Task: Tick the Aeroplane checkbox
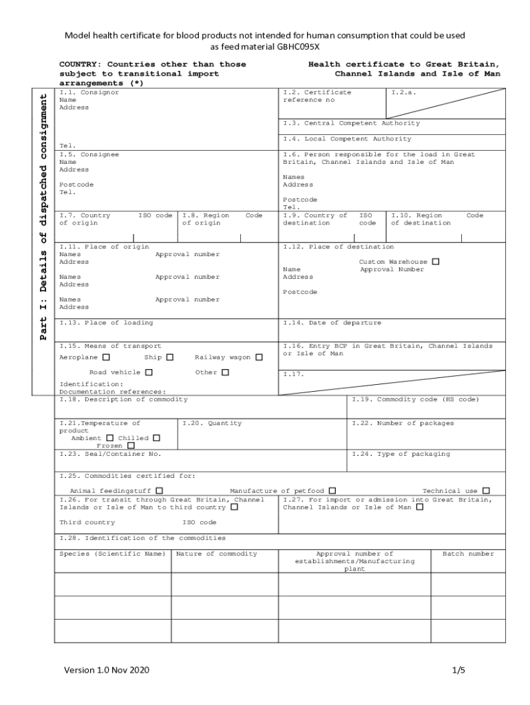pos(106,357)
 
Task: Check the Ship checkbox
pos(170,357)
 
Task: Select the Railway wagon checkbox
pos(259,357)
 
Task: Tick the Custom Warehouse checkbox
pos(435,262)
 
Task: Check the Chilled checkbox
pos(156,438)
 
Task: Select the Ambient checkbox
pos(109,438)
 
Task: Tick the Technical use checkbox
pos(486,491)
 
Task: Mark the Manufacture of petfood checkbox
pos(332,491)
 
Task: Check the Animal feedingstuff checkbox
pos(160,491)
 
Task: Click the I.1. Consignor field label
pos(89,92)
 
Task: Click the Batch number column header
pos(468,554)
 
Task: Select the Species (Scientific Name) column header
pos(112,554)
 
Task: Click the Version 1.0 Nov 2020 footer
pos(107,670)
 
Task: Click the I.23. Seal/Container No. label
pos(110,454)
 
